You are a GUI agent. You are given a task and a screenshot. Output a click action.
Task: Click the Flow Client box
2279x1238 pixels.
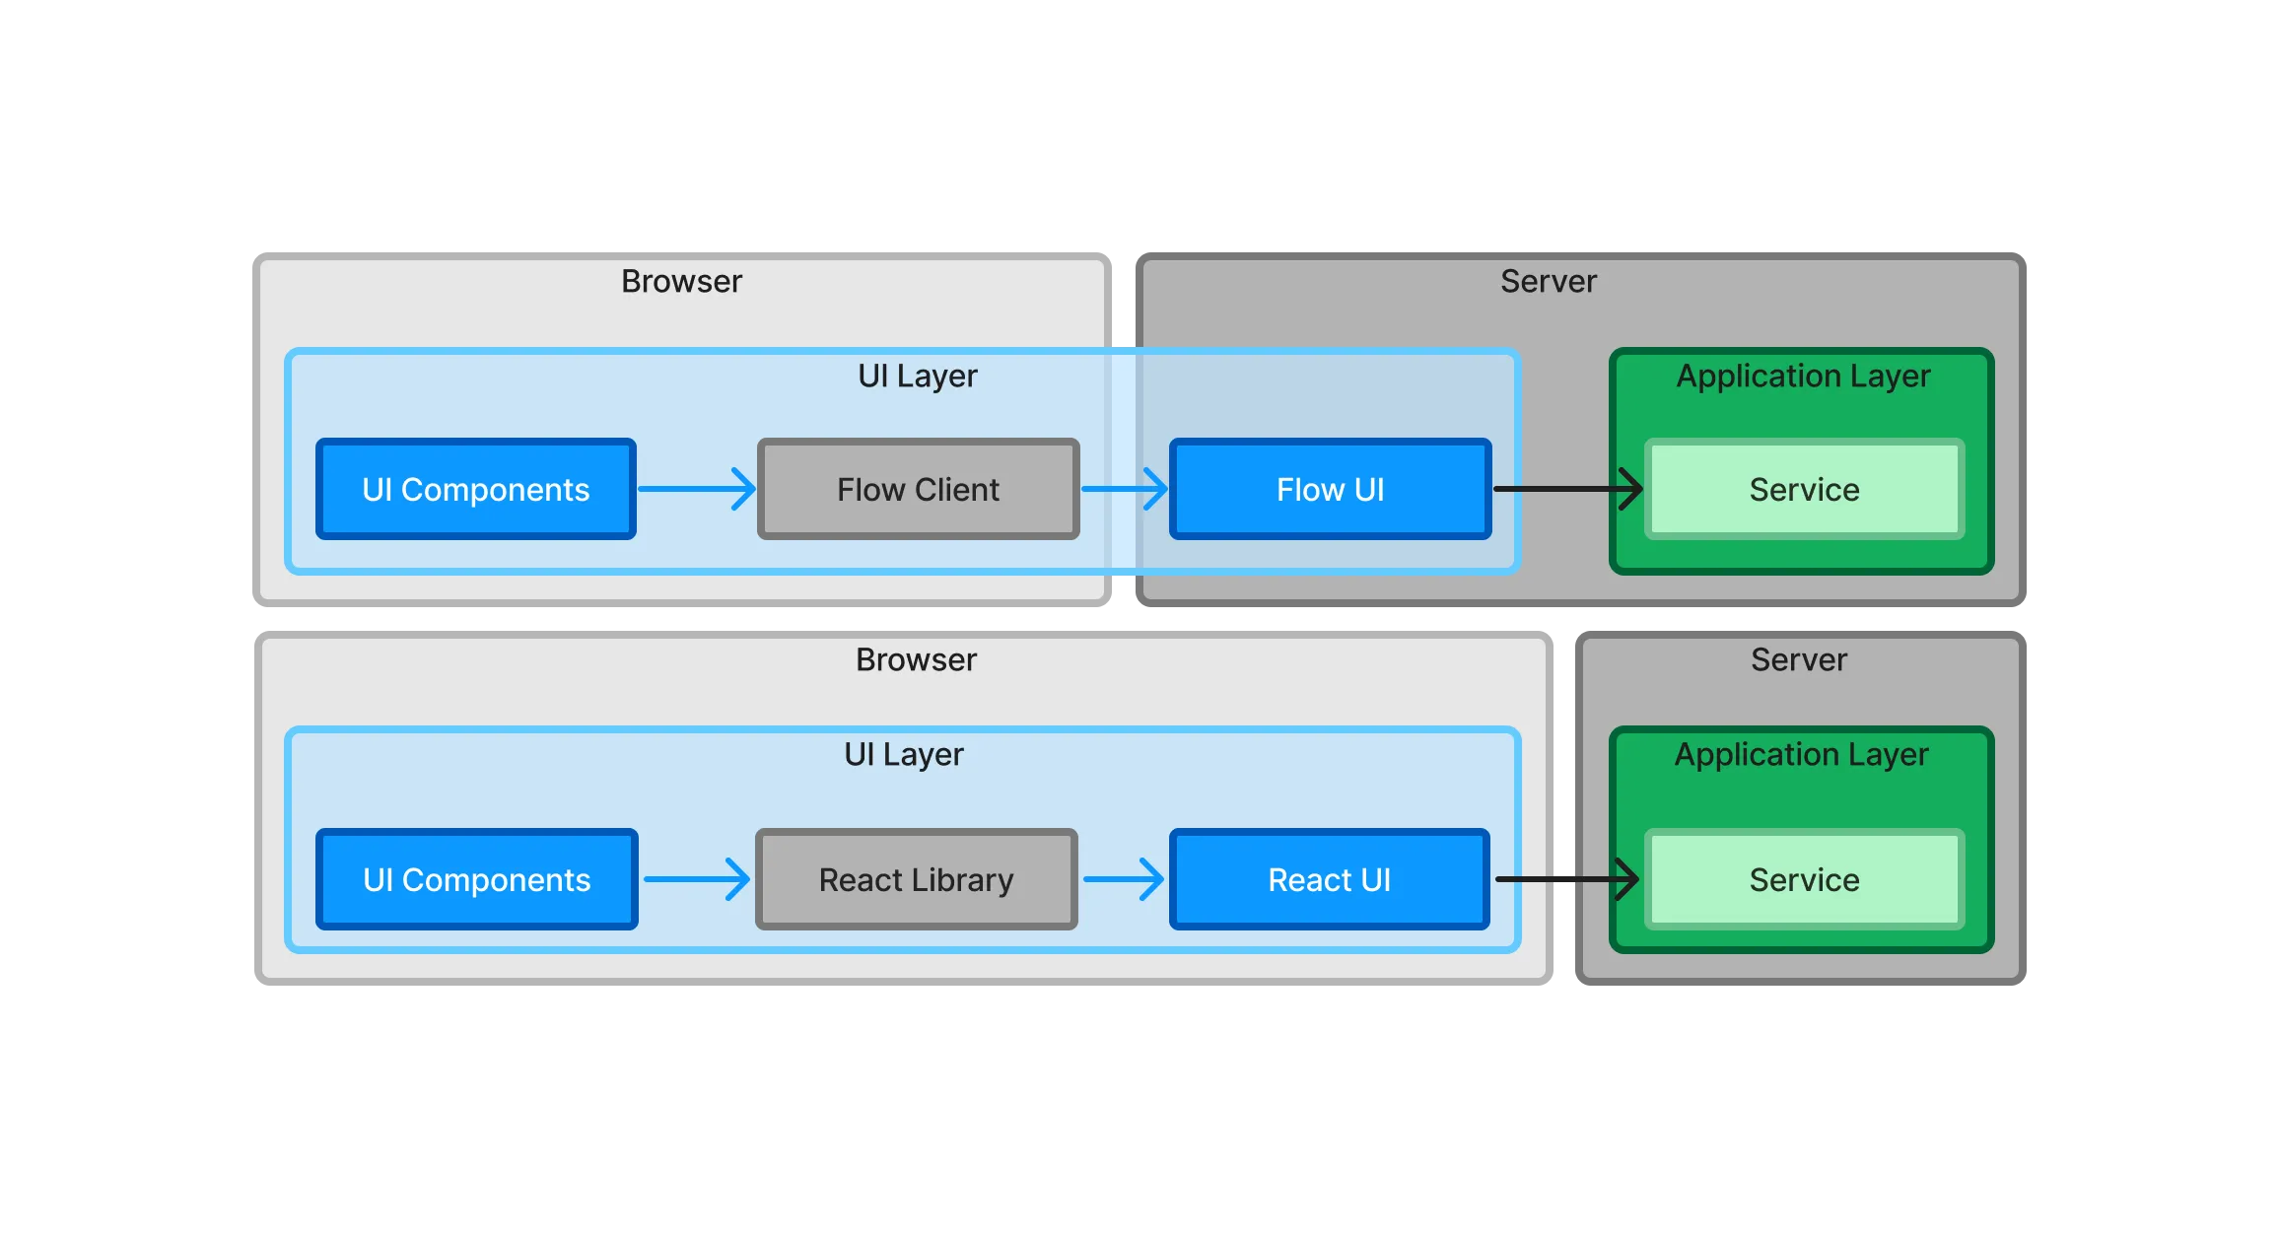pos(918,489)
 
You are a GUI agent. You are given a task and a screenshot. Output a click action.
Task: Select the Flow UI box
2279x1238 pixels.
pos(1330,489)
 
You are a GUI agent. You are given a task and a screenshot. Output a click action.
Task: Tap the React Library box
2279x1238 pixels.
pos(916,879)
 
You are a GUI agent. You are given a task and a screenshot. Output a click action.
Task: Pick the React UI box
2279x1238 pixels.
pos(1329,879)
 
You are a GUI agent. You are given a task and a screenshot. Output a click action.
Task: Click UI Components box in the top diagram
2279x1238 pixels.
pos(475,489)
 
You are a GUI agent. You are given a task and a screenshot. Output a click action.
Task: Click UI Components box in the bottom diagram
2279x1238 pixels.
pos(476,879)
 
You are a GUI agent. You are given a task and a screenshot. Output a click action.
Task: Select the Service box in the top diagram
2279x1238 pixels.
pos(1804,489)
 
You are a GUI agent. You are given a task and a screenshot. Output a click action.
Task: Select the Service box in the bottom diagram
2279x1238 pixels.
pos(1804,879)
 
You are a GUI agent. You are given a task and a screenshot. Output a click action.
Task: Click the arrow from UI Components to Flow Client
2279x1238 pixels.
pos(696,489)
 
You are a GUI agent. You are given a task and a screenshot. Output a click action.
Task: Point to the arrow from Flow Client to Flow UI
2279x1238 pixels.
pos(1124,489)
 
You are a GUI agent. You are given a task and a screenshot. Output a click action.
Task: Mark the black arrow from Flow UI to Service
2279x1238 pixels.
pos(1567,489)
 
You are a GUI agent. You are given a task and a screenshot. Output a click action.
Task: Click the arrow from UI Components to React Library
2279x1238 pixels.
pos(696,879)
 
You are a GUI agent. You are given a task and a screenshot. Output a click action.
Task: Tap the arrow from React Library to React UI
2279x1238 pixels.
pos(1124,879)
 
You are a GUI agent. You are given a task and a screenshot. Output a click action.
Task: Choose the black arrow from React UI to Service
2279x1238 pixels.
pos(1567,879)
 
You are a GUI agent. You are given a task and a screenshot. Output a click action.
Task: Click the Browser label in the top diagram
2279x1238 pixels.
pos(681,281)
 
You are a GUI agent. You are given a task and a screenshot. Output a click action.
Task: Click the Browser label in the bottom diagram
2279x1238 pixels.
pos(916,659)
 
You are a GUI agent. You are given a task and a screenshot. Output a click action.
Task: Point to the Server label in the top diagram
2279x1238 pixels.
pos(1548,281)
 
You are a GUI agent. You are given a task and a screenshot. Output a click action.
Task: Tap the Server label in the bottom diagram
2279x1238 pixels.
pos(1798,659)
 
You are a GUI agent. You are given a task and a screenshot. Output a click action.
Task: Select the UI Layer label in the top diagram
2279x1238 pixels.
pos(917,376)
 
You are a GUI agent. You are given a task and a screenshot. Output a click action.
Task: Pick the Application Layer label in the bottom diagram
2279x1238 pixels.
pos(1801,754)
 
